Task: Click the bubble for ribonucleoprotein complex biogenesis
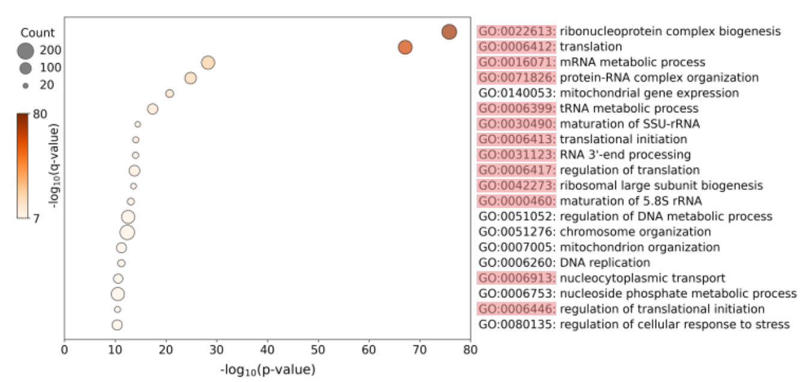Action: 449,32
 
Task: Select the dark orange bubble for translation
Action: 405,47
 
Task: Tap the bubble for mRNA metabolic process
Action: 208,62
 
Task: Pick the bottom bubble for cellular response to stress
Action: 117,325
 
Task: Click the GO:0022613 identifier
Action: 517,31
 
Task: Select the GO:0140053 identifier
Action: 517,93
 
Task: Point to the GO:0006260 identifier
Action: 517,262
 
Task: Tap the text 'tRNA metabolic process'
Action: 629,109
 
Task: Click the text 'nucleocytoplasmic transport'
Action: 642,278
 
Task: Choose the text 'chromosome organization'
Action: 635,232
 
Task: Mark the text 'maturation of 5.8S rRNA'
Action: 630,201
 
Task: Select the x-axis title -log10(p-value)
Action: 267,369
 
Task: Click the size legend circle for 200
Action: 26,50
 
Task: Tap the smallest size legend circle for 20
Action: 26,86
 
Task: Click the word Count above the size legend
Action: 37,33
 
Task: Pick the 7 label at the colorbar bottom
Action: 36,218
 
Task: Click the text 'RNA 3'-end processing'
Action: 625,155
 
